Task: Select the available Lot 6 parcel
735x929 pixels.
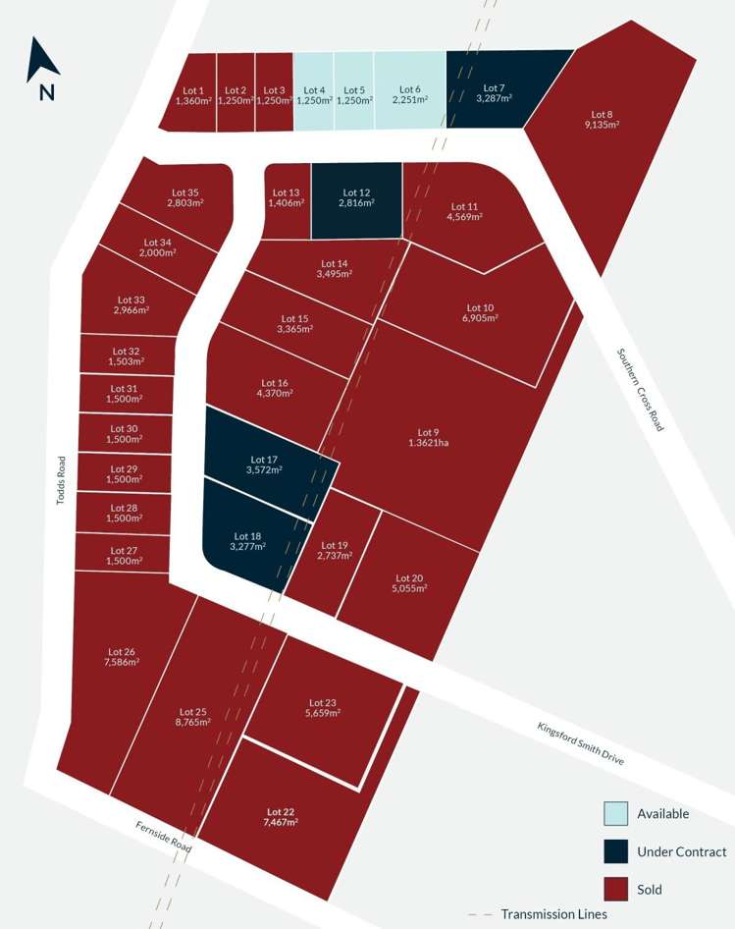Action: (x=410, y=93)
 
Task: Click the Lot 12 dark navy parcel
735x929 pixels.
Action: (x=356, y=199)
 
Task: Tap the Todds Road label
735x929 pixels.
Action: (x=61, y=479)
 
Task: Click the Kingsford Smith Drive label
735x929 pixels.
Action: (x=581, y=744)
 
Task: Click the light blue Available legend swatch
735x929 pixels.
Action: (x=615, y=813)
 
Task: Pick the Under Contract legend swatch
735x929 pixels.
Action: (x=615, y=851)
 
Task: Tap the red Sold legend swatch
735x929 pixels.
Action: (x=615, y=890)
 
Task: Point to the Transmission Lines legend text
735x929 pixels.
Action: (x=554, y=914)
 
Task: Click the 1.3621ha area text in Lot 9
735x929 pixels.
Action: (x=430, y=443)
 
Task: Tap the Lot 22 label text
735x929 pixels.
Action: (x=281, y=811)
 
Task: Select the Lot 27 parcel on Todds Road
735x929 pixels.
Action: (x=124, y=556)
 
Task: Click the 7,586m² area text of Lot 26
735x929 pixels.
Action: (x=122, y=662)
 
